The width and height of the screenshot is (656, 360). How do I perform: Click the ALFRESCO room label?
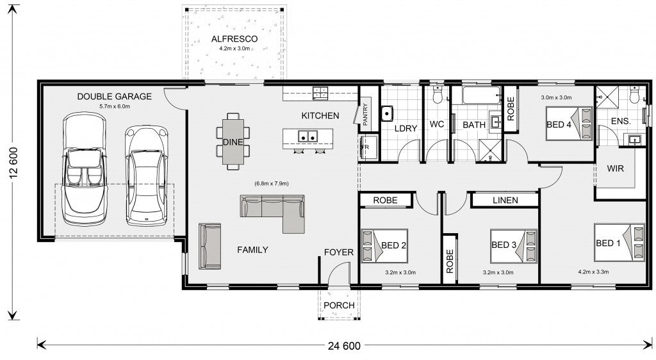[234, 39]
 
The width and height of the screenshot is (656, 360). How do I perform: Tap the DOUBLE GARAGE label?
[114, 97]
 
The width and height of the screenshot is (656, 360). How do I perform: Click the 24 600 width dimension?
[344, 346]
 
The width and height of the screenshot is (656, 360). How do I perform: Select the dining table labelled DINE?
[233, 142]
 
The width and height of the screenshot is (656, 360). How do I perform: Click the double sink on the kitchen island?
[307, 136]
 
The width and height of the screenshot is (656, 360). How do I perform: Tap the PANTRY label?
[365, 114]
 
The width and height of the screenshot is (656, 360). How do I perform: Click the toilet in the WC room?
[438, 95]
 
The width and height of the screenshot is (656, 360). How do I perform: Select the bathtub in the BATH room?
[481, 95]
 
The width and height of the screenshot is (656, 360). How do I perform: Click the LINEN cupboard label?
[505, 200]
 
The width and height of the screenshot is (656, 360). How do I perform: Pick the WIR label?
[615, 168]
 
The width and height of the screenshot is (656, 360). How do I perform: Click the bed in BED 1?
[619, 243]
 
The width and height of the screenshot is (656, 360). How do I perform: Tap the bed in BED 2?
[384, 245]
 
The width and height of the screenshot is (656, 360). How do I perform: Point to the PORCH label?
[339, 306]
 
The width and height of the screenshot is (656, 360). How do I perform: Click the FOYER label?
[339, 252]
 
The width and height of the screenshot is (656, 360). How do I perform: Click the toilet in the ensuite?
[634, 95]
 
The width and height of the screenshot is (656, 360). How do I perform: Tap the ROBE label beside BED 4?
[511, 109]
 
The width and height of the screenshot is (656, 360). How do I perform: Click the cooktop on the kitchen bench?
[320, 93]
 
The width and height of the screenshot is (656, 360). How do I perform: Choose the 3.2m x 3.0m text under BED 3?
[498, 273]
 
